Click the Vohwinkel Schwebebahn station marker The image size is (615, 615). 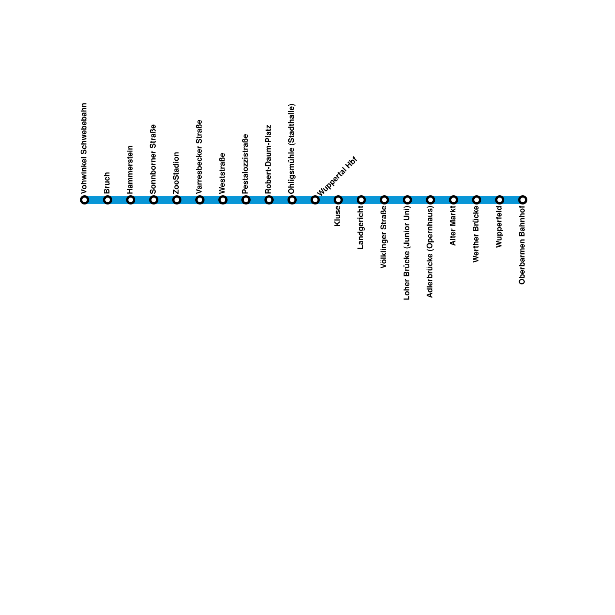[x=85, y=200]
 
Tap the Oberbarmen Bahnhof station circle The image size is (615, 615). [x=523, y=200]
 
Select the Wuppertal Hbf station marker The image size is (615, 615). [x=315, y=200]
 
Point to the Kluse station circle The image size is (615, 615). [x=338, y=200]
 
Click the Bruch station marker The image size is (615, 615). [x=108, y=200]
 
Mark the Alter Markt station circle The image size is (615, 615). [x=454, y=200]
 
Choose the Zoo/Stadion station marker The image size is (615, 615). [x=177, y=200]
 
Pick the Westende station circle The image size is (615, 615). [x=223, y=200]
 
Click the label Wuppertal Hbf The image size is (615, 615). [x=337, y=176]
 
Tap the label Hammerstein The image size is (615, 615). [x=130, y=170]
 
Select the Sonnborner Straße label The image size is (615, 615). [x=153, y=159]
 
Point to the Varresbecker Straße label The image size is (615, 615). [x=199, y=157]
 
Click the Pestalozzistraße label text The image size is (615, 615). [x=246, y=164]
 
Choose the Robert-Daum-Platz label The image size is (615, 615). [x=269, y=159]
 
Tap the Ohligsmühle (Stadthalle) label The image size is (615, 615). [x=292, y=149]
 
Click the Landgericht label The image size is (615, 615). [x=361, y=227]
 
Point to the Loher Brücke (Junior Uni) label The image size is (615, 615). [x=407, y=253]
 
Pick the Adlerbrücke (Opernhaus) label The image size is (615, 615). [x=430, y=252]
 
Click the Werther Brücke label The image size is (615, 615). [x=476, y=234]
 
